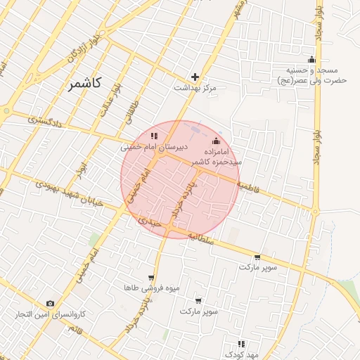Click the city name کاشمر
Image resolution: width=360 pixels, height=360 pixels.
pos(85,84)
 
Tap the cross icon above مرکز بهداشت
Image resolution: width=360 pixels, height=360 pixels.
pos(195,77)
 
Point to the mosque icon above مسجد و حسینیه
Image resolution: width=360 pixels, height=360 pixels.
pos(311,59)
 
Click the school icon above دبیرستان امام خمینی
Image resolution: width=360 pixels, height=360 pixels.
pos(154,136)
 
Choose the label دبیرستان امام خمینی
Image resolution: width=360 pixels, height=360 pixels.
pos(153,148)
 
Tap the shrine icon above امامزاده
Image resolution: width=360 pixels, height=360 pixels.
pos(216,140)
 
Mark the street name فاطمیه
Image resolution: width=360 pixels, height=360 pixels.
pos(250,188)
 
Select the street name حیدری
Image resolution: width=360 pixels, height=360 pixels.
pos(150,221)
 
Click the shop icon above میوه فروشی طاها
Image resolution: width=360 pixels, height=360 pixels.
pos(150,278)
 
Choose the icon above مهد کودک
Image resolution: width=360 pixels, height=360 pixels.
pos(241,344)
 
